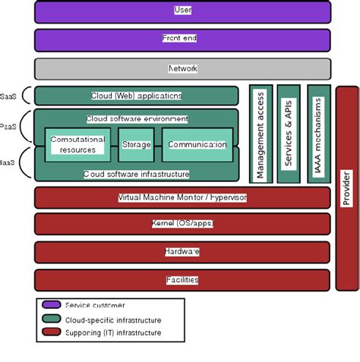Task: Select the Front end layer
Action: tap(182, 40)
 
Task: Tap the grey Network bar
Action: tap(182, 68)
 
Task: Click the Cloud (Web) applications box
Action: tap(137, 96)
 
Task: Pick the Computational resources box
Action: tap(77, 144)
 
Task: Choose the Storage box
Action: tap(136, 144)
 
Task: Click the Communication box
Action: tap(197, 144)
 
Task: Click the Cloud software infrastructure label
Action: tap(137, 174)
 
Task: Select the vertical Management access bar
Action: tap(261, 134)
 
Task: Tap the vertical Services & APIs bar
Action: tap(289, 134)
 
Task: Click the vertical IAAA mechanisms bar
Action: tap(318, 134)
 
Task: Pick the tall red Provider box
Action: tap(347, 187)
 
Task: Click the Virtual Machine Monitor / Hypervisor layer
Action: tap(182, 197)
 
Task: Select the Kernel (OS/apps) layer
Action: tap(182, 224)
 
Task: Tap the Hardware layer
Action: tap(182, 251)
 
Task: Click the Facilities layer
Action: tap(182, 279)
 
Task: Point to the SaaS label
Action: tap(9, 96)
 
